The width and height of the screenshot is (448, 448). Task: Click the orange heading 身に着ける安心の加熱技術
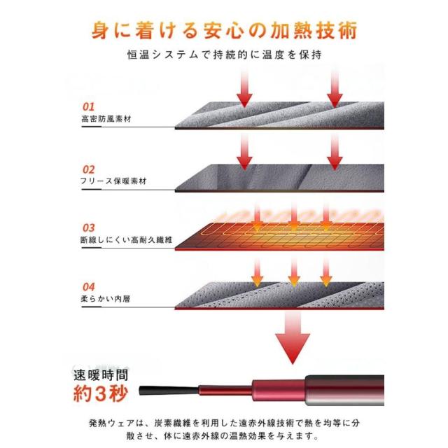pos(224,30)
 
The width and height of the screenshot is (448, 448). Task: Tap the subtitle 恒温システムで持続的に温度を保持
pos(225,55)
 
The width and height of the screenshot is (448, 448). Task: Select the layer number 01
pos(88,107)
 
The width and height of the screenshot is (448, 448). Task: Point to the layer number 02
pos(88,169)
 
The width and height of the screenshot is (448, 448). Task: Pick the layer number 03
pos(88,228)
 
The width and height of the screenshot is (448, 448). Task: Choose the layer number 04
pos(89,287)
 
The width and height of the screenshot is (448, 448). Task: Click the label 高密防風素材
pos(106,118)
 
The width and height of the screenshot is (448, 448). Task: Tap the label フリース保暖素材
pos(113,181)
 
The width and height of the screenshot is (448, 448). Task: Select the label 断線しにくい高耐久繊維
pos(127,239)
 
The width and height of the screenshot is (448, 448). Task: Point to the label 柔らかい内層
pos(106,299)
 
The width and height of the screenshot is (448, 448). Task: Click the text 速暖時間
pos(101,375)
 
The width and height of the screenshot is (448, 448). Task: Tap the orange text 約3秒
pos(100,394)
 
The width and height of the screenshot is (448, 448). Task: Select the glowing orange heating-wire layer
pos(279,236)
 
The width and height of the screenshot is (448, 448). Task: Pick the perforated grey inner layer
pos(279,295)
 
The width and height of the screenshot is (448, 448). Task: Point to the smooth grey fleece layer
pos(279,178)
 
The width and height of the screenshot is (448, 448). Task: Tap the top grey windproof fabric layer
pos(279,115)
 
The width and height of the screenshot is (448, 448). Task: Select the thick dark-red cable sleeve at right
pos(344,391)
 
